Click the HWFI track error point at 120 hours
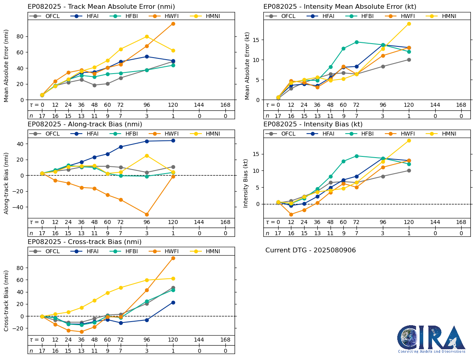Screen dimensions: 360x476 (x=173, y=24)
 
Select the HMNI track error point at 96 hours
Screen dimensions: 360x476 (x=147, y=37)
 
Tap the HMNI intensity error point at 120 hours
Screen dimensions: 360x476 (x=409, y=24)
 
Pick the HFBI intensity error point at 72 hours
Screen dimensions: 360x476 (x=356, y=42)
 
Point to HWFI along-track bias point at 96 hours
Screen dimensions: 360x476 (x=147, y=214)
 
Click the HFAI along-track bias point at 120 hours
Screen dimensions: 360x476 (x=173, y=140)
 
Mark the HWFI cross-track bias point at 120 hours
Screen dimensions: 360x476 (x=173, y=258)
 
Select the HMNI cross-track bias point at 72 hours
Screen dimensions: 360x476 (x=120, y=288)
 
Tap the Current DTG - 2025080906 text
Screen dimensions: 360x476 (x=311, y=250)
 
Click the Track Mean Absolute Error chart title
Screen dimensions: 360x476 (x=101, y=7)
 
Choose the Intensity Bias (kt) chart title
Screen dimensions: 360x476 (x=313, y=124)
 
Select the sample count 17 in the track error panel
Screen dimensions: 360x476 (x=42, y=116)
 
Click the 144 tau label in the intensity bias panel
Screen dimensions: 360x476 (x=435, y=223)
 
